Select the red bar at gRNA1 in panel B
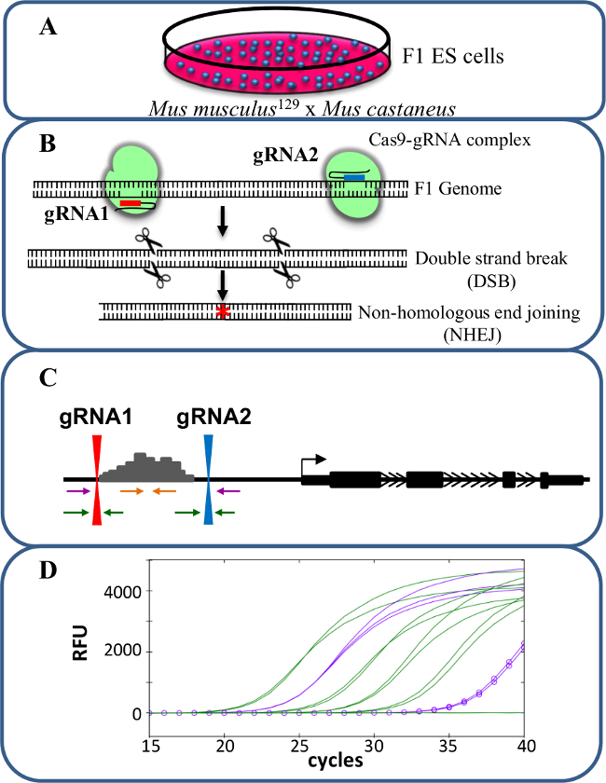(130, 200)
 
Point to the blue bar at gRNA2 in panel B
(355, 177)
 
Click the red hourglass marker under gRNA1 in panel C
(97, 479)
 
